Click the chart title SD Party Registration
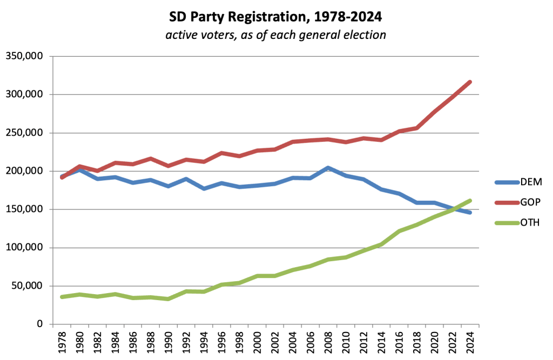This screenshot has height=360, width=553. [x=276, y=17]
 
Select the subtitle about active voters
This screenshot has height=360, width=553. [x=276, y=35]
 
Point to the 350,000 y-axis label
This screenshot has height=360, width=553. [x=25, y=56]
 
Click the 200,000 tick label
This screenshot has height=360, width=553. [x=25, y=171]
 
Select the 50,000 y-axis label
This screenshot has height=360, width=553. [x=28, y=286]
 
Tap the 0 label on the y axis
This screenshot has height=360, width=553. [x=40, y=324]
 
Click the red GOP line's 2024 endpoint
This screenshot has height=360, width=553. [x=470, y=82]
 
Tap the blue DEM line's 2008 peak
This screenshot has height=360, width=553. [x=328, y=168]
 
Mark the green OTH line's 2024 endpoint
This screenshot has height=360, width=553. [x=470, y=201]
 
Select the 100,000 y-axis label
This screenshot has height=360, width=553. [x=25, y=248]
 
